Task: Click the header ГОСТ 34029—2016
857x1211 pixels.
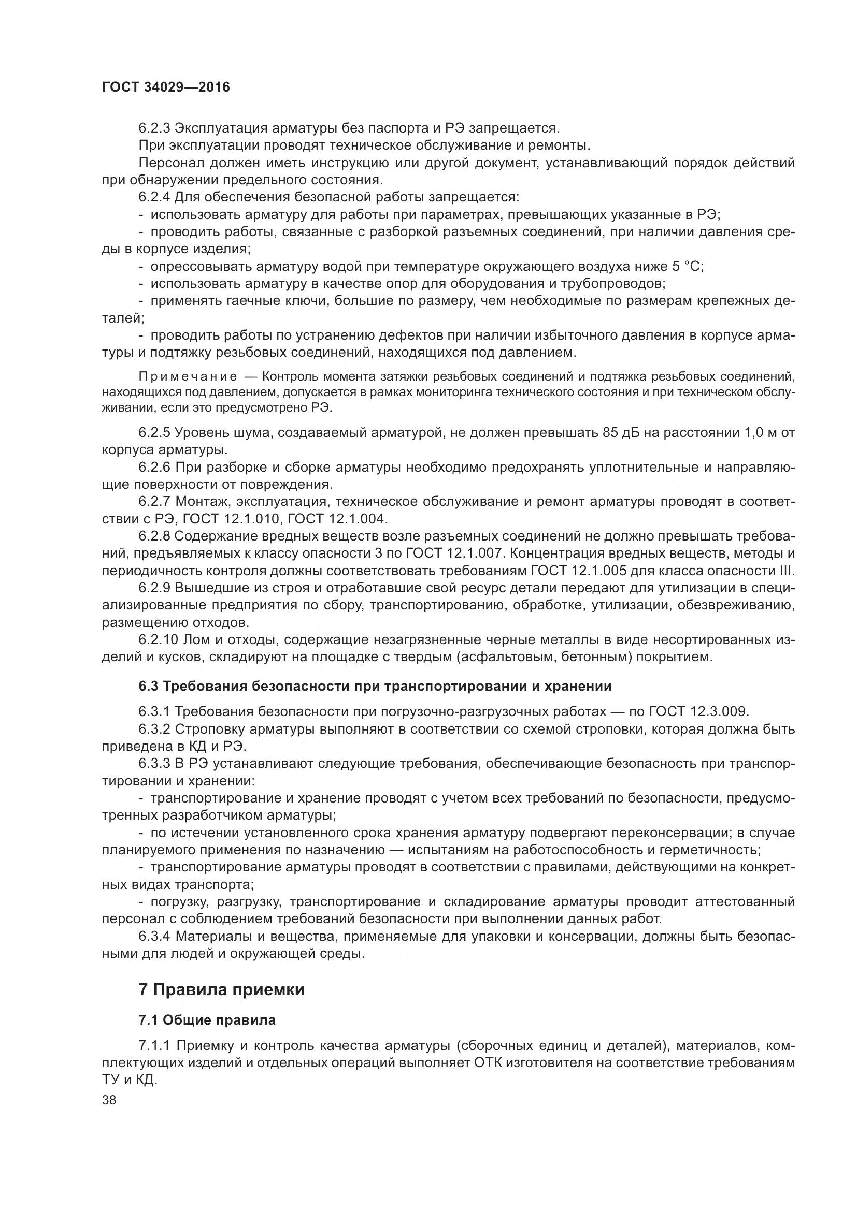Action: coord(166,87)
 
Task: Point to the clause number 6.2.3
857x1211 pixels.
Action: coord(154,128)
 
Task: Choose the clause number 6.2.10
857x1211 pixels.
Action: coord(159,640)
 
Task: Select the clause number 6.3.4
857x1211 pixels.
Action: coord(154,937)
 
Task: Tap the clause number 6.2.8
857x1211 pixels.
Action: coord(154,536)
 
